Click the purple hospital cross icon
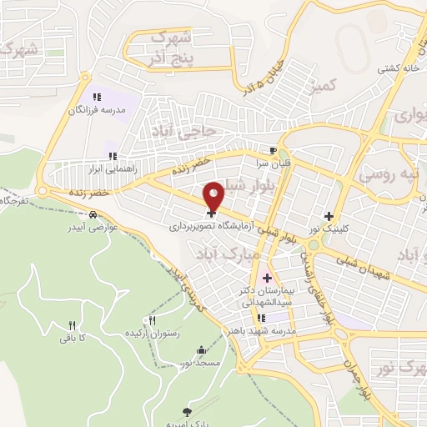pyautogui.click(x=267, y=278)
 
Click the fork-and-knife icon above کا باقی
pyautogui.click(x=73, y=326)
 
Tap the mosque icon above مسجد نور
pyautogui.click(x=201, y=350)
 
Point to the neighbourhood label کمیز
pyautogui.click(x=322, y=85)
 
